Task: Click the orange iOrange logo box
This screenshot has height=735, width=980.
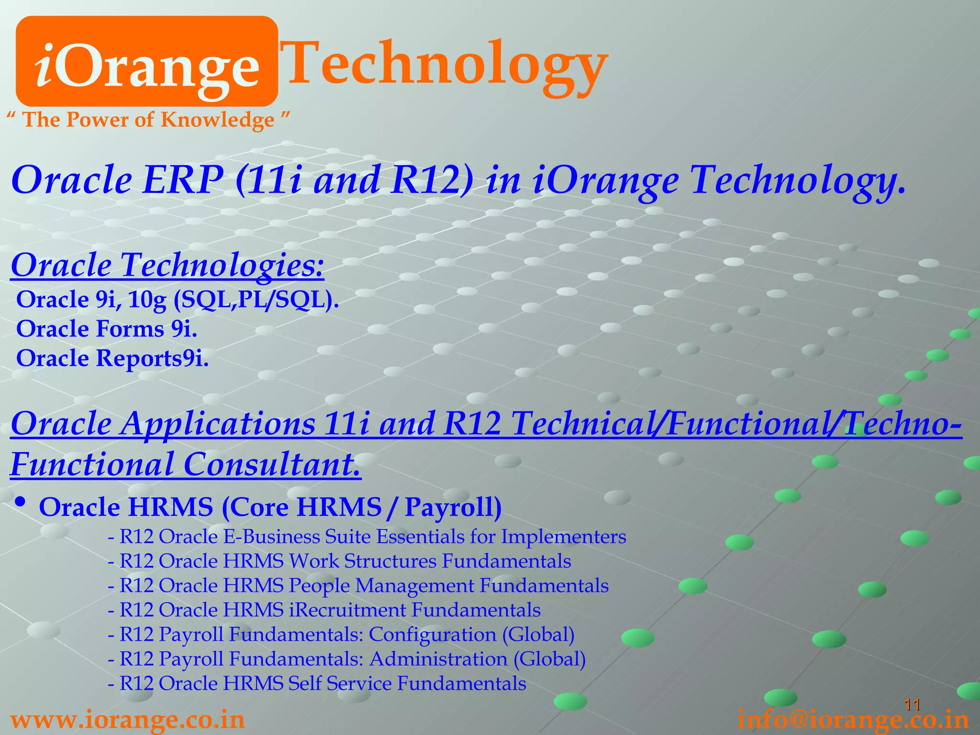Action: pyautogui.click(x=146, y=61)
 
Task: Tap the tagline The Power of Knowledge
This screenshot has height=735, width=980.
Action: pyautogui.click(x=148, y=120)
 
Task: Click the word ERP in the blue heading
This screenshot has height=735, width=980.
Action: pyautogui.click(x=183, y=180)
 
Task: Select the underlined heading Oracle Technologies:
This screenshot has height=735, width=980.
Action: pyautogui.click(x=167, y=265)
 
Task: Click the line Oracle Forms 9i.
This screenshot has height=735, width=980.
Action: pyautogui.click(x=106, y=329)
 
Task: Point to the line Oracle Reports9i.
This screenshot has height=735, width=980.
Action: pyautogui.click(x=112, y=358)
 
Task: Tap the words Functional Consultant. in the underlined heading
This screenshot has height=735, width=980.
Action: pyautogui.click(x=186, y=464)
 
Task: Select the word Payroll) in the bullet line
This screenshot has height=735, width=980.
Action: pyautogui.click(x=453, y=507)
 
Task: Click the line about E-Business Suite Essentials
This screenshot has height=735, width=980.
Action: pyautogui.click(x=367, y=537)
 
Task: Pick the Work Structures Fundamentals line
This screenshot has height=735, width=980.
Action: pyautogui.click(x=339, y=561)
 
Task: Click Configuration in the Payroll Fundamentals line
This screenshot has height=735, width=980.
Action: pyautogui.click(x=433, y=635)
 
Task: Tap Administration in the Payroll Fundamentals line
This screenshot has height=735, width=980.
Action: pyautogui.click(x=438, y=659)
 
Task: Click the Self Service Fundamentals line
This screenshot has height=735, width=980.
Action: pyautogui.click(x=317, y=683)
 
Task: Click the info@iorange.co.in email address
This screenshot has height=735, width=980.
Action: pyautogui.click(x=853, y=721)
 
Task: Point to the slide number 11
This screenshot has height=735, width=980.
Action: pyautogui.click(x=912, y=704)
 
